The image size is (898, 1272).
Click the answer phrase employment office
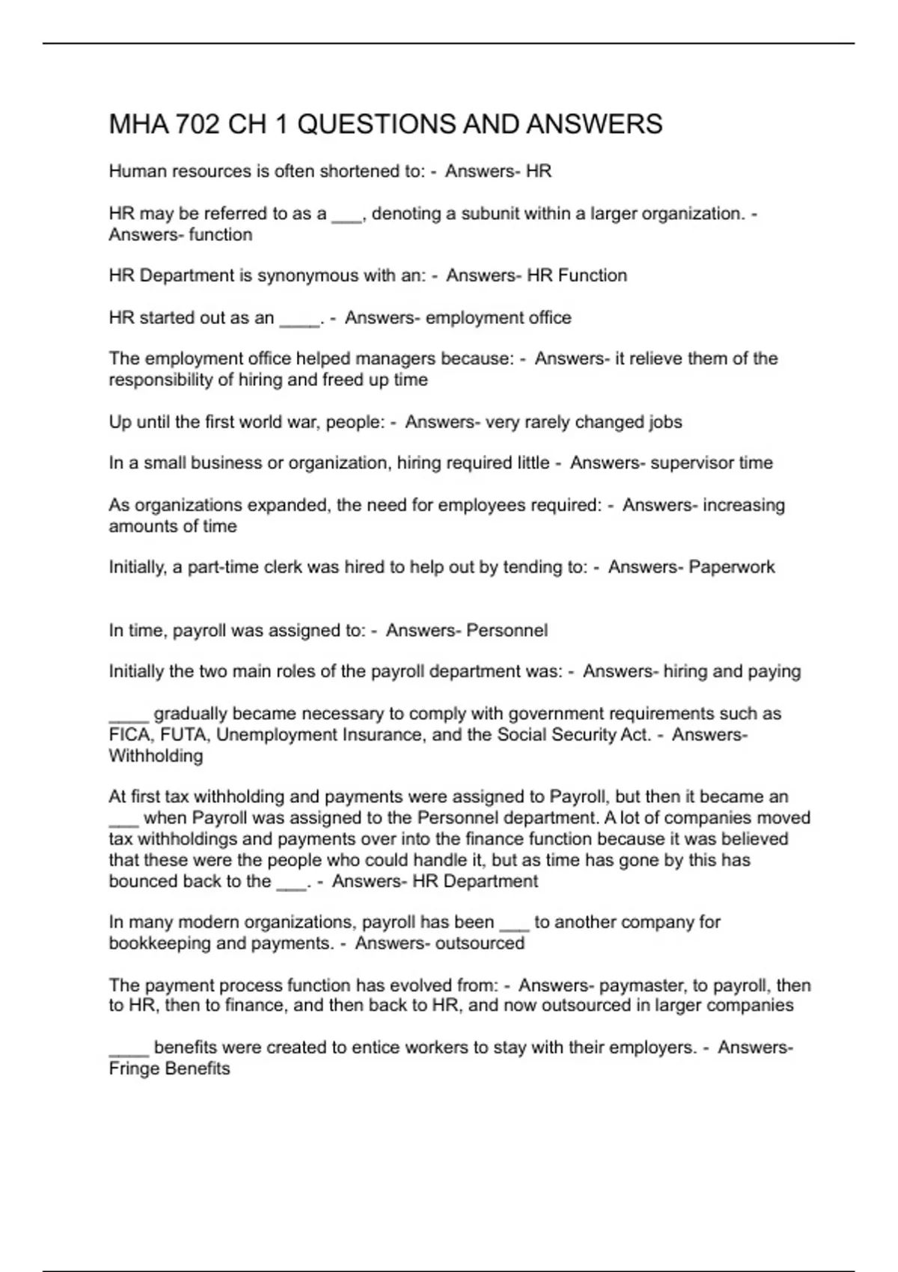[x=498, y=318]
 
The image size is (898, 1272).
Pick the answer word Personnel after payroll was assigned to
[x=507, y=631]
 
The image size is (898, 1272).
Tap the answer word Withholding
[x=156, y=756]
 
